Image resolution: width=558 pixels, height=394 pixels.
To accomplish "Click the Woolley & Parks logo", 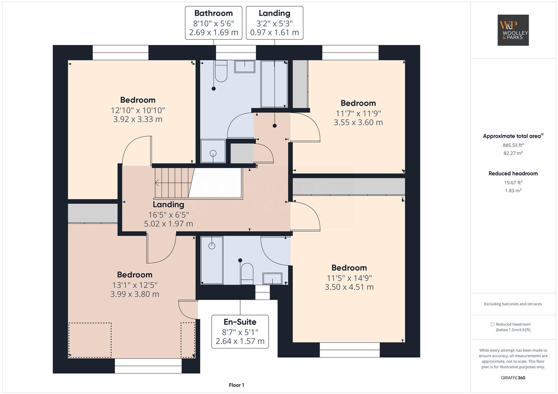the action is [513, 30].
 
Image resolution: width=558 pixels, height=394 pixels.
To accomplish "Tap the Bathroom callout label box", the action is [213, 23].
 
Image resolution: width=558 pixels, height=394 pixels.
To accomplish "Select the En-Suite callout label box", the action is [240, 332].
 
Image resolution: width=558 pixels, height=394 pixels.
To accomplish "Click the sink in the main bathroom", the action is [244, 67].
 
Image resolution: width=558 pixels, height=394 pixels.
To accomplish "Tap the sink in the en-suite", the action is [272, 278].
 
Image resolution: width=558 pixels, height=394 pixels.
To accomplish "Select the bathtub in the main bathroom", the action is [274, 84].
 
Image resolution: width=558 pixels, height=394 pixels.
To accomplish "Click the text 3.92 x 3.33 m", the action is [138, 119].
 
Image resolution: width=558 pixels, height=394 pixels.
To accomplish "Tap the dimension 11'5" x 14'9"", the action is [349, 278].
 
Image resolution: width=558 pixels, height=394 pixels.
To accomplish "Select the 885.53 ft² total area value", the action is [513, 145].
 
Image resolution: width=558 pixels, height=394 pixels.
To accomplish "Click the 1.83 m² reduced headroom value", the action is [513, 190].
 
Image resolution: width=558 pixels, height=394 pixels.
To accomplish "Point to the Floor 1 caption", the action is [236, 385].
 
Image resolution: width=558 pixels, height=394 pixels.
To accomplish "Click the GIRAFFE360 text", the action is [513, 378].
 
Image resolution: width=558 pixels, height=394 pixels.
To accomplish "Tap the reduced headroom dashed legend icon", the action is [492, 324].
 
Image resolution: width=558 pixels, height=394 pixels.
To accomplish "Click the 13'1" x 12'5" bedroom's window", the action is [148, 366].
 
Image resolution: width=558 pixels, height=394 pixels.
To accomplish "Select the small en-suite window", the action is [263, 292].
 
